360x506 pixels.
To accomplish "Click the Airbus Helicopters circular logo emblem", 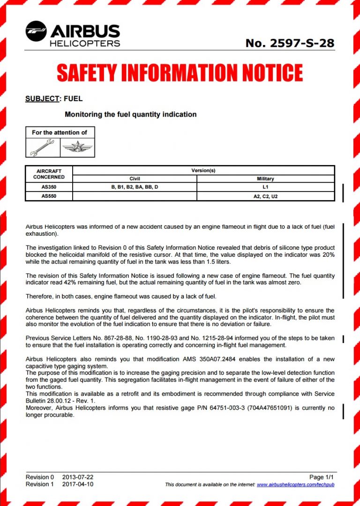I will (36, 32).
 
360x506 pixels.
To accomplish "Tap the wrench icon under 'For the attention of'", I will (43, 148).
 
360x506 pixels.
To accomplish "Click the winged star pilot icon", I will (77, 148).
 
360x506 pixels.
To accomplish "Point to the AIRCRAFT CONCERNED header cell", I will (49, 174).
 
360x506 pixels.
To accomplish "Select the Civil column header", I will (135, 179).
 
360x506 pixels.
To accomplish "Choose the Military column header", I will (265, 179).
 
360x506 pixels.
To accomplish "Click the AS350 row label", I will (49, 187).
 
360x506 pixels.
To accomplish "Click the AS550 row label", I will (49, 196).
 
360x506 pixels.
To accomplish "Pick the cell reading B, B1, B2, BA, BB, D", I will (135, 187).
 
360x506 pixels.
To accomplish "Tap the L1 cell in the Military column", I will (265, 187).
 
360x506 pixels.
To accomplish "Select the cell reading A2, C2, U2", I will (265, 196).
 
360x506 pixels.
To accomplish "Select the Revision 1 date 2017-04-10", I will (78, 484).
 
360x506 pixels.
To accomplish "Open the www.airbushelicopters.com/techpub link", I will (295, 484).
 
